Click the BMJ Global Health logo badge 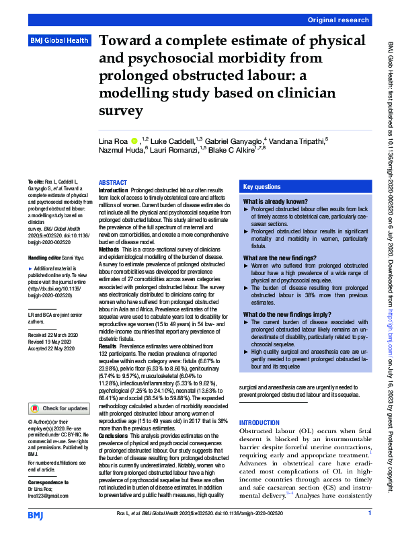pos(59,41)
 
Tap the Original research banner pos(338,21)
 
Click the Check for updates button pos(59,408)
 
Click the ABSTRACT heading pos(112,183)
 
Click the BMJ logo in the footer pos(36,514)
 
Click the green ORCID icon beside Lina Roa pos(134,141)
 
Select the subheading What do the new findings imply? pos(282,314)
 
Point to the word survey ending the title pos(120,109)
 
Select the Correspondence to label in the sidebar pos(47,483)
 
